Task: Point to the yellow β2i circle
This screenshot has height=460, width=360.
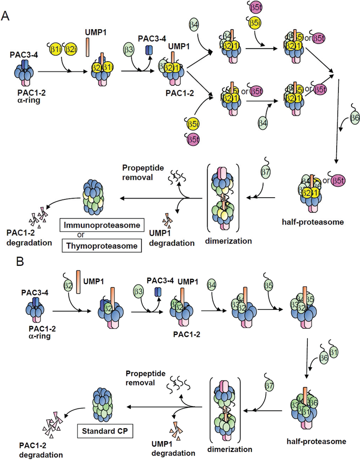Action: tap(69, 49)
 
